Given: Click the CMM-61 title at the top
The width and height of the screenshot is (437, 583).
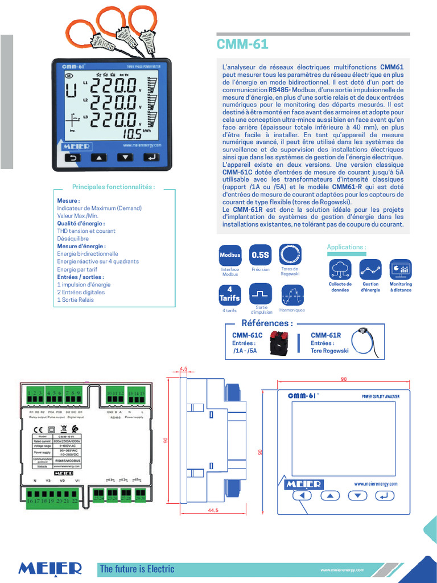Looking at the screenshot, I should [x=242, y=45].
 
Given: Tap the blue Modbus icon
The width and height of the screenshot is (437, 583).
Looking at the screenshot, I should [x=230, y=255].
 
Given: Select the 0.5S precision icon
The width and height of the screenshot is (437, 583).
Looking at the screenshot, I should [x=261, y=255].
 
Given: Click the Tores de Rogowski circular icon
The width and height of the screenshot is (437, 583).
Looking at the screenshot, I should [x=290, y=255].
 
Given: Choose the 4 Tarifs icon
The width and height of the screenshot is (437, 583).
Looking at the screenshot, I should [x=230, y=294].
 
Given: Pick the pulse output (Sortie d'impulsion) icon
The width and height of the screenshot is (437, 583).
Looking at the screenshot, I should [x=261, y=294].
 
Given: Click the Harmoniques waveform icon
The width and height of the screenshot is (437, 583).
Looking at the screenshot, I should [x=291, y=294].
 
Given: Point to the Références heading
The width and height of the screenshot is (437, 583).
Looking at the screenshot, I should [x=267, y=323].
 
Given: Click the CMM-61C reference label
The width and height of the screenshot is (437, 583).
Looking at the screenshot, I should [x=247, y=335].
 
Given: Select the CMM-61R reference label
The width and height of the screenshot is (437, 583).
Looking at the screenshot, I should [x=326, y=335].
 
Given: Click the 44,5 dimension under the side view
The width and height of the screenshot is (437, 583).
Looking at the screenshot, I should [x=213, y=511].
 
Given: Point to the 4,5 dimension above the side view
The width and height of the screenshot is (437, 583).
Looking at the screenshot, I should [x=183, y=369].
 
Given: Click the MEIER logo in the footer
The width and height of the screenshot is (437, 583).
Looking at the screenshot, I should [x=50, y=568].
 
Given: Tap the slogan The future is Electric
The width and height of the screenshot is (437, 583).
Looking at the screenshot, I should [x=137, y=569].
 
